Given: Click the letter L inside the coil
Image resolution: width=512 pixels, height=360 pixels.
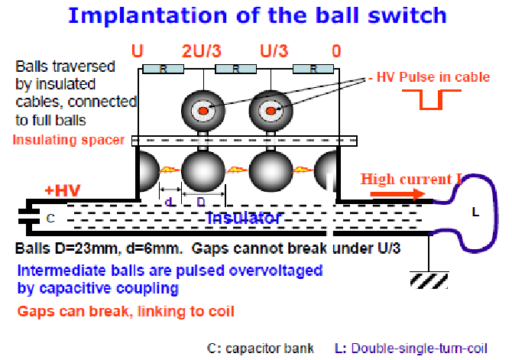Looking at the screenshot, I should [475, 212].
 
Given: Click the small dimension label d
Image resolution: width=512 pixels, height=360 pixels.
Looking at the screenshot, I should [169, 202].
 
